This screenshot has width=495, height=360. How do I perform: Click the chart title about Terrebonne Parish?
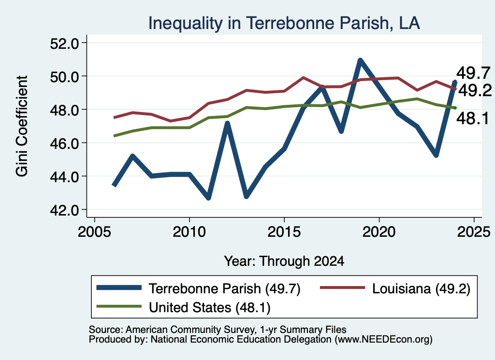(284, 23)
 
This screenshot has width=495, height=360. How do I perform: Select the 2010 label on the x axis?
(189, 232)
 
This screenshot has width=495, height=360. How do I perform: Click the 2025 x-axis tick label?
(474, 232)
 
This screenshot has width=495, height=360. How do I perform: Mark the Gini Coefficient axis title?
(22, 126)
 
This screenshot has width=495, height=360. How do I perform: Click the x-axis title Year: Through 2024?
(284, 261)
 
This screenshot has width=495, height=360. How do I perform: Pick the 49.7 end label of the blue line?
(473, 73)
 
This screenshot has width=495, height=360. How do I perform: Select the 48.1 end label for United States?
(473, 119)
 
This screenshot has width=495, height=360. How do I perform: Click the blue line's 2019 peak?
(360, 60)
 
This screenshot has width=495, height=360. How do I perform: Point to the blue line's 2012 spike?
(227, 123)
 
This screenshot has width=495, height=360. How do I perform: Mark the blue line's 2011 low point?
(208, 198)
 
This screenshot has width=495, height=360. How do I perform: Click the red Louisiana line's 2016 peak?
(303, 77)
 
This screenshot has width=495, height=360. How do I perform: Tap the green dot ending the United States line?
(455, 108)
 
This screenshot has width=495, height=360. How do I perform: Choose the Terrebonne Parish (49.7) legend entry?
(199, 288)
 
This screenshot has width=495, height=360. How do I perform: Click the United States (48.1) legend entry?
(183, 307)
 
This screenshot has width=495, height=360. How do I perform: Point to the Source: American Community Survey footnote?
(218, 330)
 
